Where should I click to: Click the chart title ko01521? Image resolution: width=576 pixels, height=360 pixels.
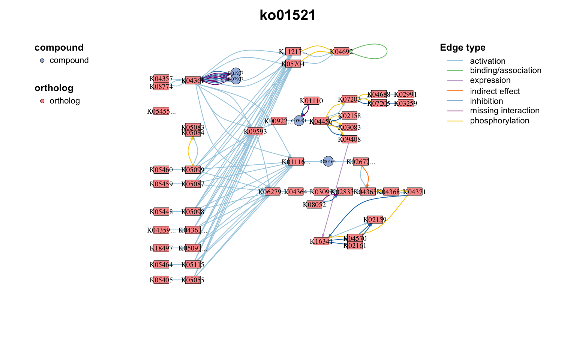(x=288, y=16)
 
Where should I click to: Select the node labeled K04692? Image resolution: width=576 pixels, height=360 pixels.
(x=341, y=52)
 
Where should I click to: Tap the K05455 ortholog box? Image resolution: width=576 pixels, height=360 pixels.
(x=161, y=111)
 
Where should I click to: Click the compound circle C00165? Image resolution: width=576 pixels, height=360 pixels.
(x=328, y=162)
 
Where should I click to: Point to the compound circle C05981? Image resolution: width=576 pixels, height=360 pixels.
(x=298, y=121)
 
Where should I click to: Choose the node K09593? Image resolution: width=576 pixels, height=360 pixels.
(x=255, y=132)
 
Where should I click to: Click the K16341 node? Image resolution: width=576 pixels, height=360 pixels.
(x=321, y=241)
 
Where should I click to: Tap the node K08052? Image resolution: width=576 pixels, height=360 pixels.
(x=314, y=205)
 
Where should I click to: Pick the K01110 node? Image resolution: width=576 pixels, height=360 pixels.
(x=311, y=101)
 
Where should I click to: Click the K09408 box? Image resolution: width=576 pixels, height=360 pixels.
(x=349, y=139)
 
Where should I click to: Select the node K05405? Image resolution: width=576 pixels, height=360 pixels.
(x=161, y=280)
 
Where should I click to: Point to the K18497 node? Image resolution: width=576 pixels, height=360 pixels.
(x=161, y=248)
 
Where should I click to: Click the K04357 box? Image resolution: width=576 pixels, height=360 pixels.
(x=161, y=79)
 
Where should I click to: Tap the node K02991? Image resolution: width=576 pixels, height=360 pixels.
(x=405, y=94)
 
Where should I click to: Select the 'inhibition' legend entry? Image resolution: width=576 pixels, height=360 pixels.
(x=486, y=101)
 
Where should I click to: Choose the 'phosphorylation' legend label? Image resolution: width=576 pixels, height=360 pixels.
(x=499, y=121)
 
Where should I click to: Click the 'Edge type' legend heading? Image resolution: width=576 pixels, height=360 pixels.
(x=462, y=48)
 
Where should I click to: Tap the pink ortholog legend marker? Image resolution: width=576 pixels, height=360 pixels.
(x=42, y=101)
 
